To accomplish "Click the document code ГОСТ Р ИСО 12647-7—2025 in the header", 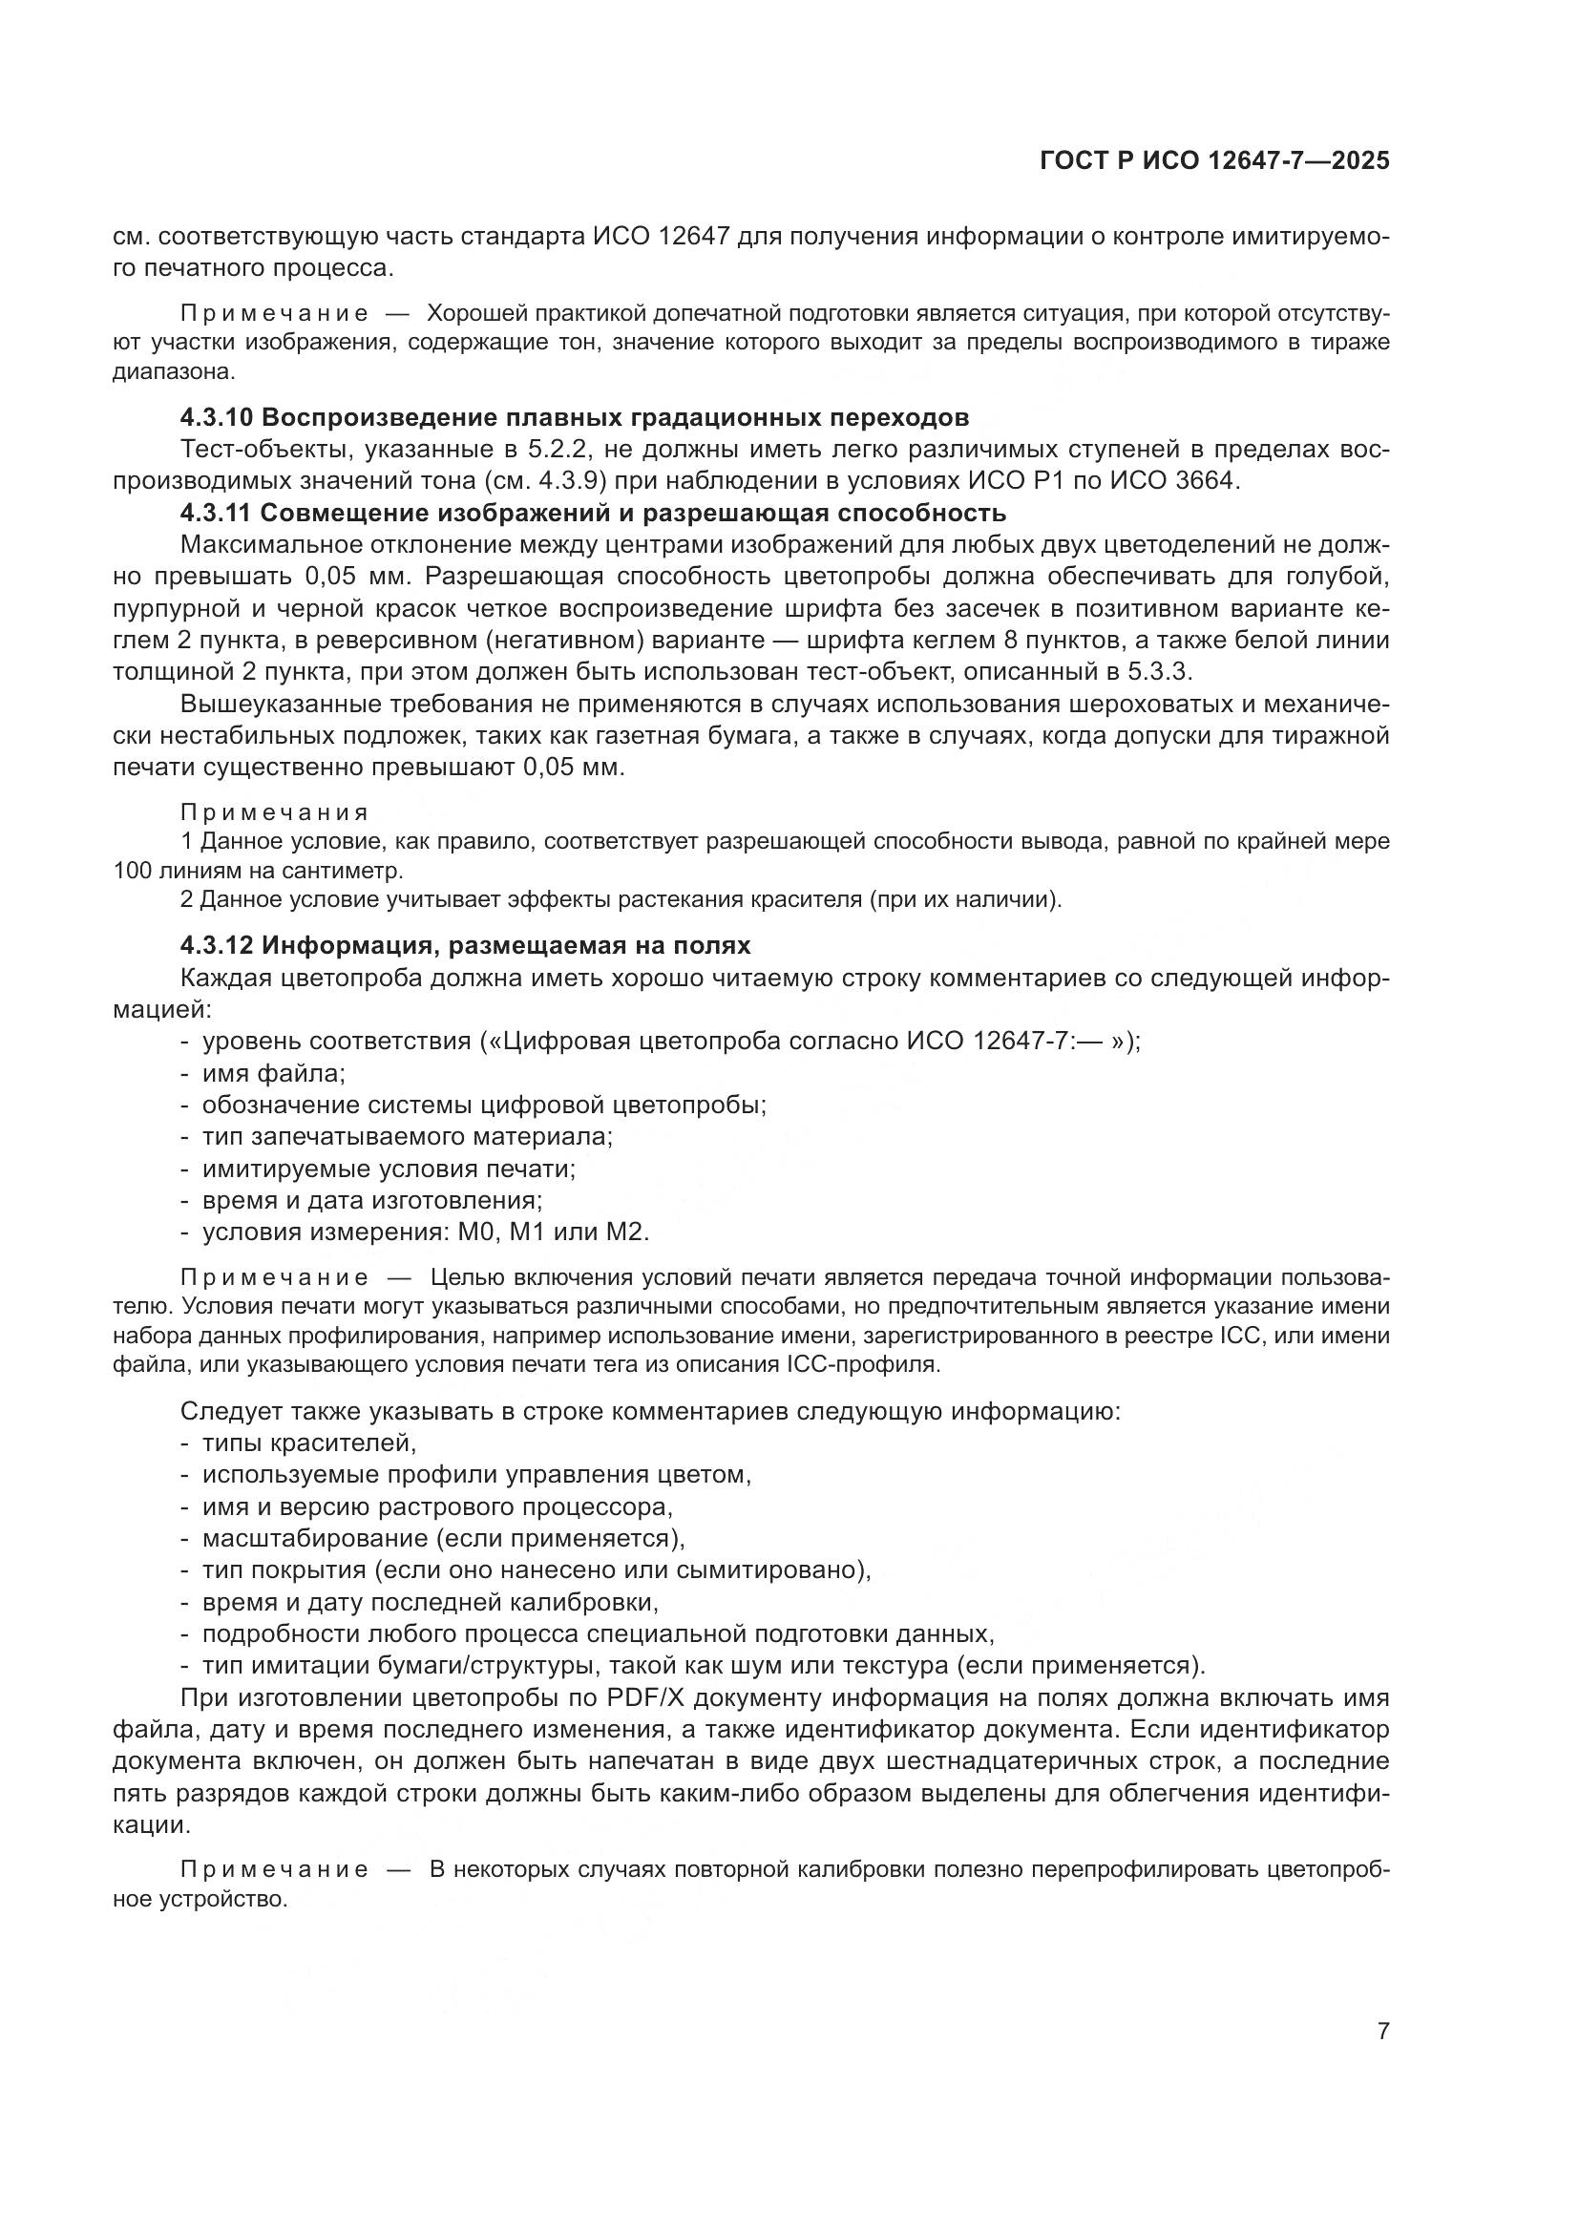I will pyautogui.click(x=1214, y=161).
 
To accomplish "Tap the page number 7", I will pyautogui.click(x=1382, y=2031).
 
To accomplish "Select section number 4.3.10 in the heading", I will pyautogui.click(x=217, y=418).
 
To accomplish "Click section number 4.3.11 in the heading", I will pyautogui.click(x=216, y=513).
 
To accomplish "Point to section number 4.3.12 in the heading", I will pyautogui.click(x=216, y=946).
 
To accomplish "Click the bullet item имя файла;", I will pyautogui.click(x=274, y=1074).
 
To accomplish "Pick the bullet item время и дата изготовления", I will pyautogui.click(x=372, y=1200).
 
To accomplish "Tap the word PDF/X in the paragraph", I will pyautogui.click(x=645, y=1698).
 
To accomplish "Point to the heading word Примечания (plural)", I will pyautogui.click(x=274, y=812).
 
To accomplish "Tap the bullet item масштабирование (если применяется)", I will pyautogui.click(x=443, y=1539).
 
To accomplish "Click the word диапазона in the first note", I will pyautogui.click(x=173, y=371).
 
